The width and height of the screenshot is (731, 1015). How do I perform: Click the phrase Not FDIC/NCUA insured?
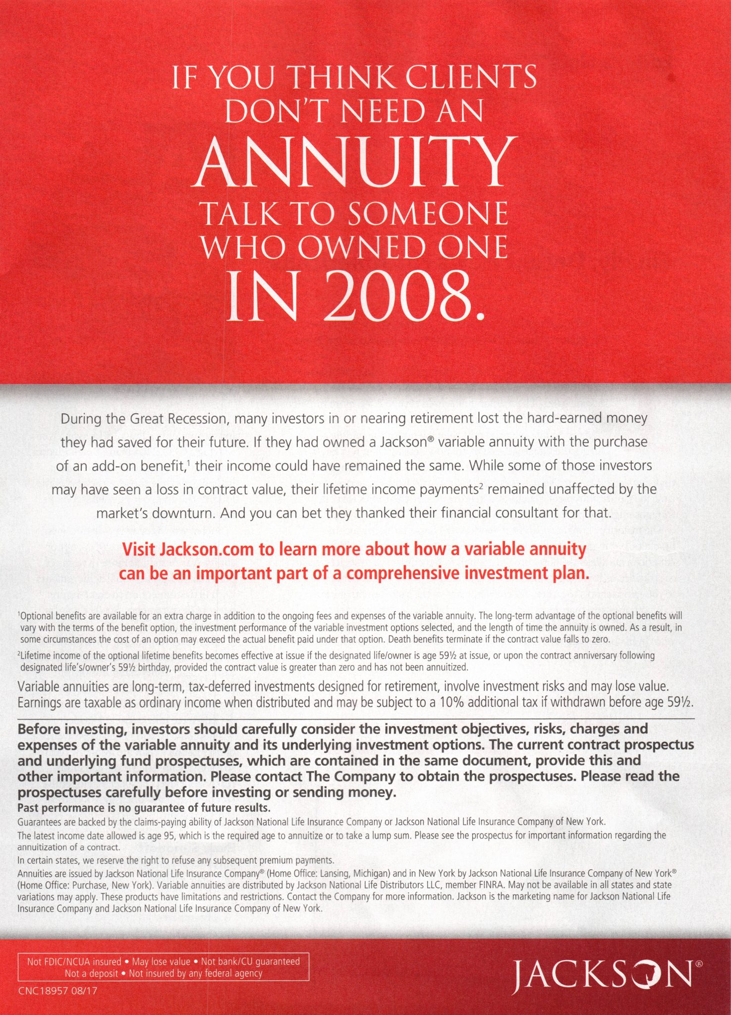[74, 961]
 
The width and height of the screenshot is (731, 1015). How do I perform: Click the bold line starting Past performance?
[144, 808]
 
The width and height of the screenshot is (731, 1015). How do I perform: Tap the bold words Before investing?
[73, 729]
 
